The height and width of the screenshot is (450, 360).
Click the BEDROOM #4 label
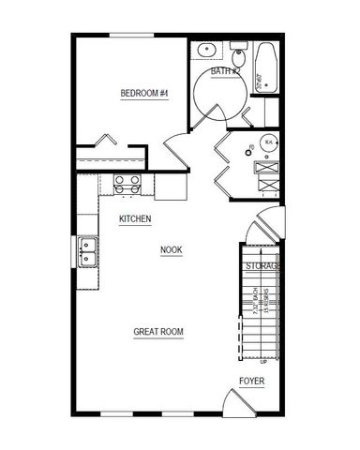(x=143, y=92)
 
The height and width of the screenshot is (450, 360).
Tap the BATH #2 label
(x=225, y=71)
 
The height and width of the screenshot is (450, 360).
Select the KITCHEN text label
(x=135, y=218)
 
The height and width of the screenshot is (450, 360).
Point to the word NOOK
(x=171, y=249)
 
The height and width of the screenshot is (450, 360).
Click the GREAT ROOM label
(x=157, y=332)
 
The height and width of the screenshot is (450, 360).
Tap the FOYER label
(x=251, y=381)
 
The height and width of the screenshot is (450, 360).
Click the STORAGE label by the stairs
(x=263, y=267)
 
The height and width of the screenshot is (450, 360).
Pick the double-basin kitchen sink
(x=88, y=251)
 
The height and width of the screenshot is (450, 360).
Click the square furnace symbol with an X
(x=267, y=170)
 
